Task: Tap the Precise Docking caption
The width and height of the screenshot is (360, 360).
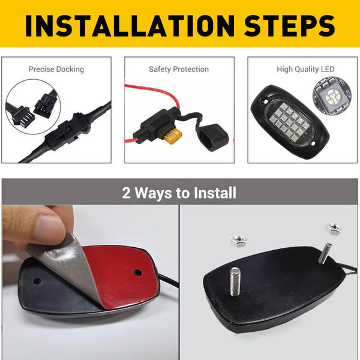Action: click(x=56, y=70)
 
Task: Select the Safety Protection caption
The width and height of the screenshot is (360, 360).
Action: click(x=179, y=70)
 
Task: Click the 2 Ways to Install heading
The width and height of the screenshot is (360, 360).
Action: click(x=179, y=193)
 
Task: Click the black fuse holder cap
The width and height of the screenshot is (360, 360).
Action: click(x=210, y=136)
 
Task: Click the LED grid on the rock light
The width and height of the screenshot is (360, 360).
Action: click(x=289, y=119)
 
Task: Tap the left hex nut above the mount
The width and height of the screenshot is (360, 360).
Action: click(x=239, y=241)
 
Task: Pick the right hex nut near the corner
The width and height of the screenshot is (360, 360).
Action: click(x=333, y=229)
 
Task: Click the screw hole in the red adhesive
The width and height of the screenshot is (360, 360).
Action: click(x=138, y=272)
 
